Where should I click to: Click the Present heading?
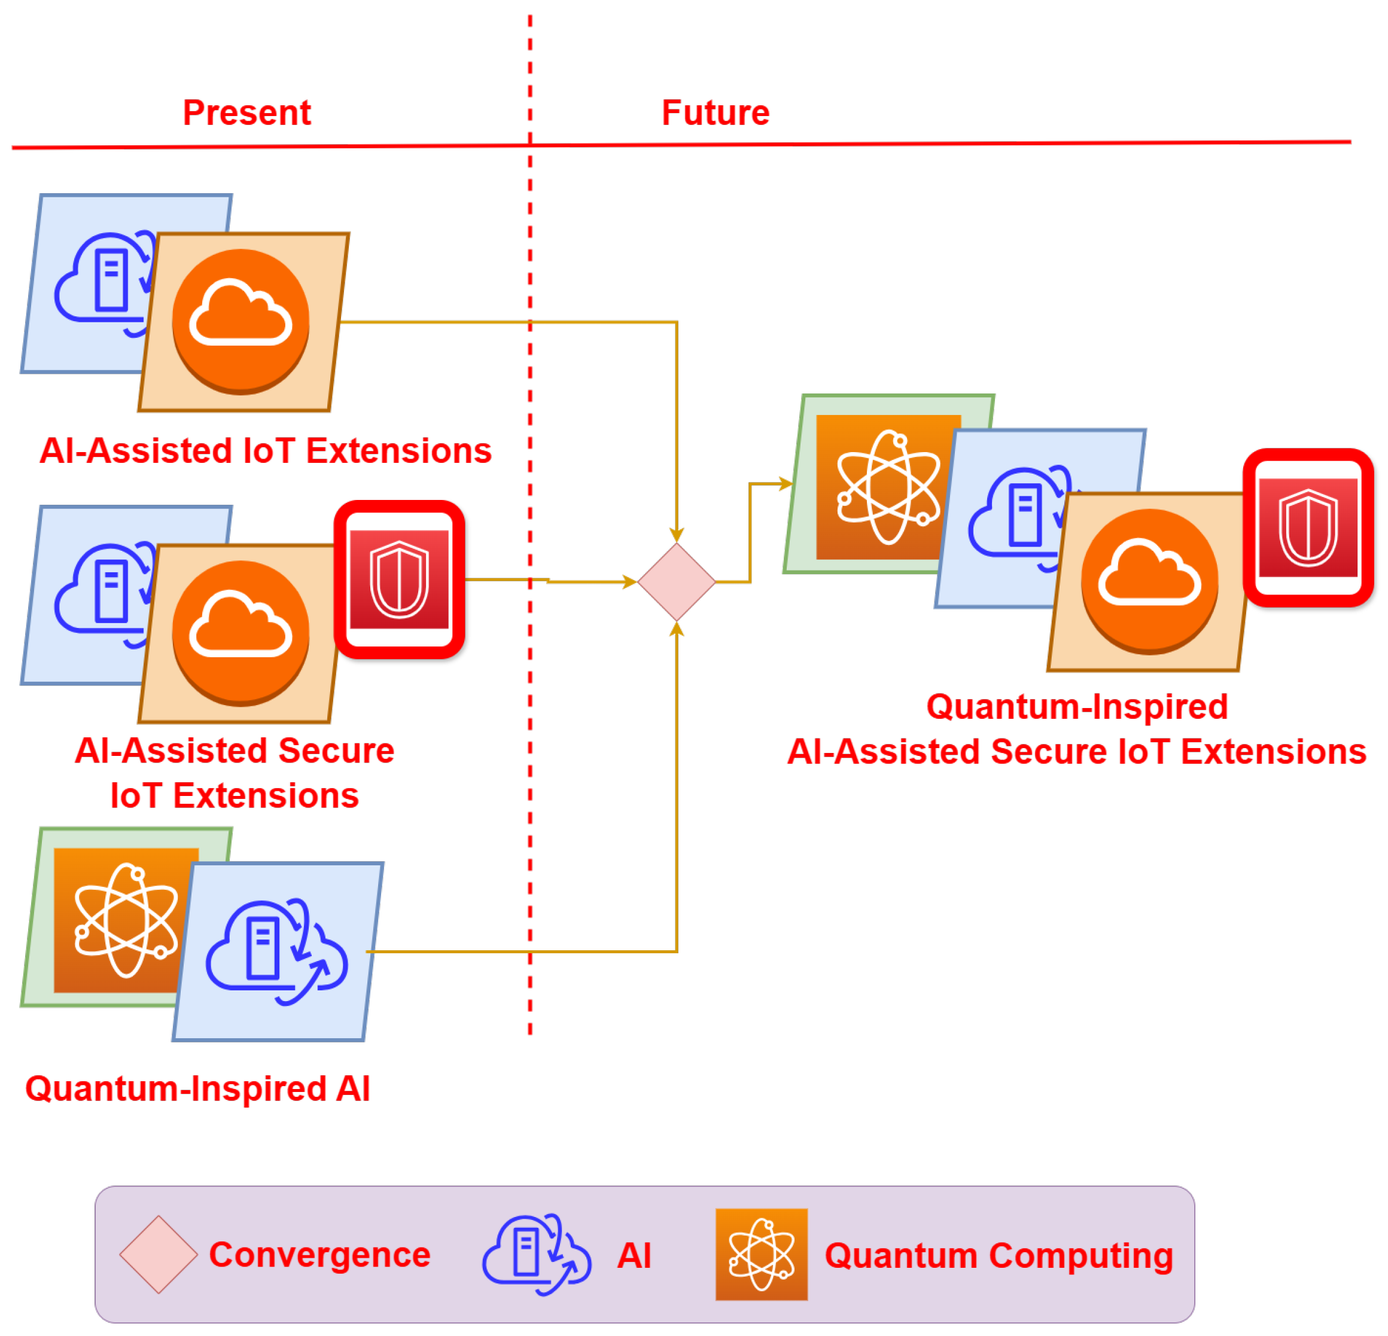(246, 112)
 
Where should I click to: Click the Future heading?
(716, 112)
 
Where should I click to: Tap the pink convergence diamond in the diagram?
(676, 582)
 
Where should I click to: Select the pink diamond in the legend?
(158, 1255)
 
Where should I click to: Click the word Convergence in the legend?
(319, 1255)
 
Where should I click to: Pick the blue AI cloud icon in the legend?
(536, 1255)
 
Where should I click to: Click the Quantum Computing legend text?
(999, 1255)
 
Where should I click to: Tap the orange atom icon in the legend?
(761, 1255)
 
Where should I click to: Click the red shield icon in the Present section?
(400, 579)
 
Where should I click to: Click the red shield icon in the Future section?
(1308, 527)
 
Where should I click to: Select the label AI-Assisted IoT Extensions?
(266, 450)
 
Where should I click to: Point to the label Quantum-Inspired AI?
(197, 1088)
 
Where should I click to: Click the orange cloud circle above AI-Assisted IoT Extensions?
(241, 321)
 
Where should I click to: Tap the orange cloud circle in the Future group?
(1149, 581)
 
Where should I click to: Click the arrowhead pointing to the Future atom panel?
(786, 484)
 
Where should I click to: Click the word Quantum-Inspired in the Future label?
(1076, 707)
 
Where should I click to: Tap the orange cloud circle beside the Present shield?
(241, 633)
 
